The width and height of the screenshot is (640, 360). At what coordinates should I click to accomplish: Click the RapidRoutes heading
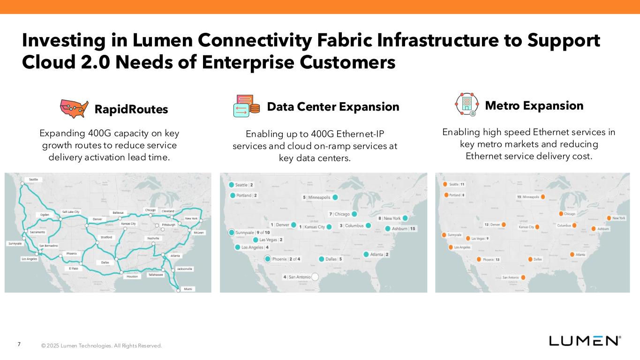point(131,109)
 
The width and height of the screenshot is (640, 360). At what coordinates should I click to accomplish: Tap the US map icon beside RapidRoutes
point(75,108)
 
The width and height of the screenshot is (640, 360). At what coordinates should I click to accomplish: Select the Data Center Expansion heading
point(333,107)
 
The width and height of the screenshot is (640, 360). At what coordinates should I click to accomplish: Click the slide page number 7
point(19,345)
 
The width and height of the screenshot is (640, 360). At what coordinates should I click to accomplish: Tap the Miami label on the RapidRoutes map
point(188,289)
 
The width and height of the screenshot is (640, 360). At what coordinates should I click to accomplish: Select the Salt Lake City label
point(71,212)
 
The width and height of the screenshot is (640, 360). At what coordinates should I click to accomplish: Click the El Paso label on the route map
point(74,269)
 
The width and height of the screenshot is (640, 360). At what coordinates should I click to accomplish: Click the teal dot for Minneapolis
point(335,197)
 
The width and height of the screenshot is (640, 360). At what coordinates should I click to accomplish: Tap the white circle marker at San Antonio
point(315,277)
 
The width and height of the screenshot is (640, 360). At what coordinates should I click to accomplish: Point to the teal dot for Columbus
point(369,226)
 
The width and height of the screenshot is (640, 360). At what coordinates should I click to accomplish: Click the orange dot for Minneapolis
point(542,197)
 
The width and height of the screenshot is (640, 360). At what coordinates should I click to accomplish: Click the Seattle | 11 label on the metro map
point(457,184)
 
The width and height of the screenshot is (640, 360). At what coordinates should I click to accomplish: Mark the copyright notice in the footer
point(101,346)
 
